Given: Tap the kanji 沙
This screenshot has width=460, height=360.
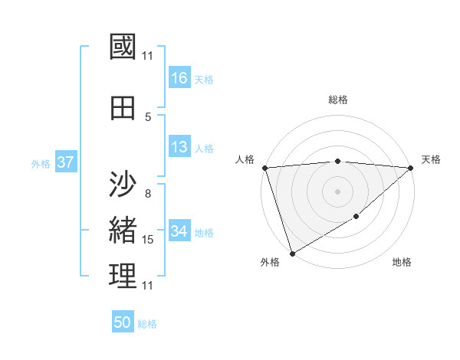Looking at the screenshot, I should tap(123, 183).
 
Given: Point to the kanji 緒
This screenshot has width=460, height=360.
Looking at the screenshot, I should tap(123, 229).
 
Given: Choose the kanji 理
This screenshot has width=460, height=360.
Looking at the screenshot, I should tap(123, 275).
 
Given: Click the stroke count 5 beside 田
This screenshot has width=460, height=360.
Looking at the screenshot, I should tap(148, 116).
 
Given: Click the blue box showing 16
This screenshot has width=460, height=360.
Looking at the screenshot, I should tap(179, 78).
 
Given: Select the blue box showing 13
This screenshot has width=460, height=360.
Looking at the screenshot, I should tap(179, 147).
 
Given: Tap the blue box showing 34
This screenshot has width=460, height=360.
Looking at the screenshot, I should tap(179, 231).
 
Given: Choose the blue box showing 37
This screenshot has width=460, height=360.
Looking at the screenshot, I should tap(65, 162).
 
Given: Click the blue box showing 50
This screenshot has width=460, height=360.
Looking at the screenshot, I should tap(123, 322).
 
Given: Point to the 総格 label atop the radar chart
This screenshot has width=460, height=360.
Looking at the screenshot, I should tap(338, 100).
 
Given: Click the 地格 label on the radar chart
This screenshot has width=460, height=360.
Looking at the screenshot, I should tap(402, 262).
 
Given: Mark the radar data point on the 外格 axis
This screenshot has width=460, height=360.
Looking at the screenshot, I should tap(292, 253).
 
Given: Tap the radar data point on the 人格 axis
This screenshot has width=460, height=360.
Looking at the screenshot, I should tap(264, 168).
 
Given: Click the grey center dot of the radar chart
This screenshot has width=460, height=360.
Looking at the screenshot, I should tap(338, 191).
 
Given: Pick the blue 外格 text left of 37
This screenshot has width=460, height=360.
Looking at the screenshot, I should tap(41, 163).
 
